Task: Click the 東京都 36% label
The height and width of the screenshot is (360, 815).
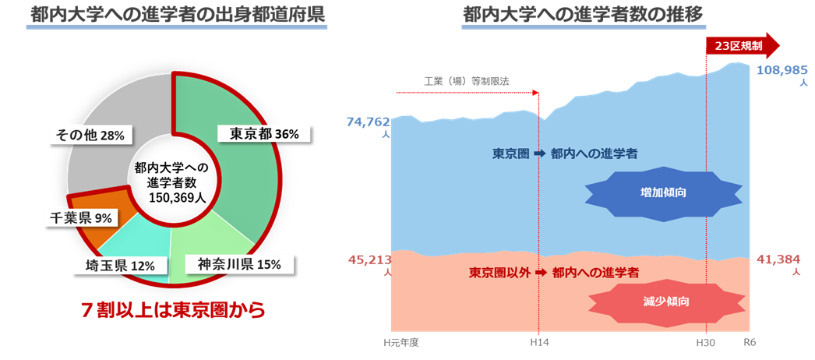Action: tap(264, 134)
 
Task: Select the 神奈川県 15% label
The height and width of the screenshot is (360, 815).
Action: tap(238, 263)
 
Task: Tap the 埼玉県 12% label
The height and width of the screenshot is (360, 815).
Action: tap(120, 265)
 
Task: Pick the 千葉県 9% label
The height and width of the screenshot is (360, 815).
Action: tap(81, 218)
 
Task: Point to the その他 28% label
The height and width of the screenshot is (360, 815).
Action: tap(91, 135)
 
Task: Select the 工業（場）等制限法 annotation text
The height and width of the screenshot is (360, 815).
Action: tap(466, 81)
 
